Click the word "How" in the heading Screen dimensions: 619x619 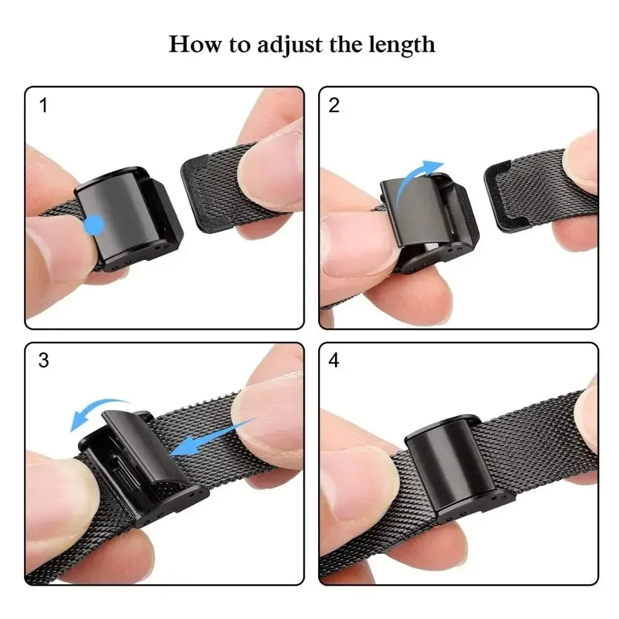click(190, 45)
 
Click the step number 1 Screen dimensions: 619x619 click(43, 105)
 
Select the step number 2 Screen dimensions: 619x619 click(334, 105)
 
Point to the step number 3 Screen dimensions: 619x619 click(43, 360)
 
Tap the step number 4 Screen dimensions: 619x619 click(334, 360)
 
